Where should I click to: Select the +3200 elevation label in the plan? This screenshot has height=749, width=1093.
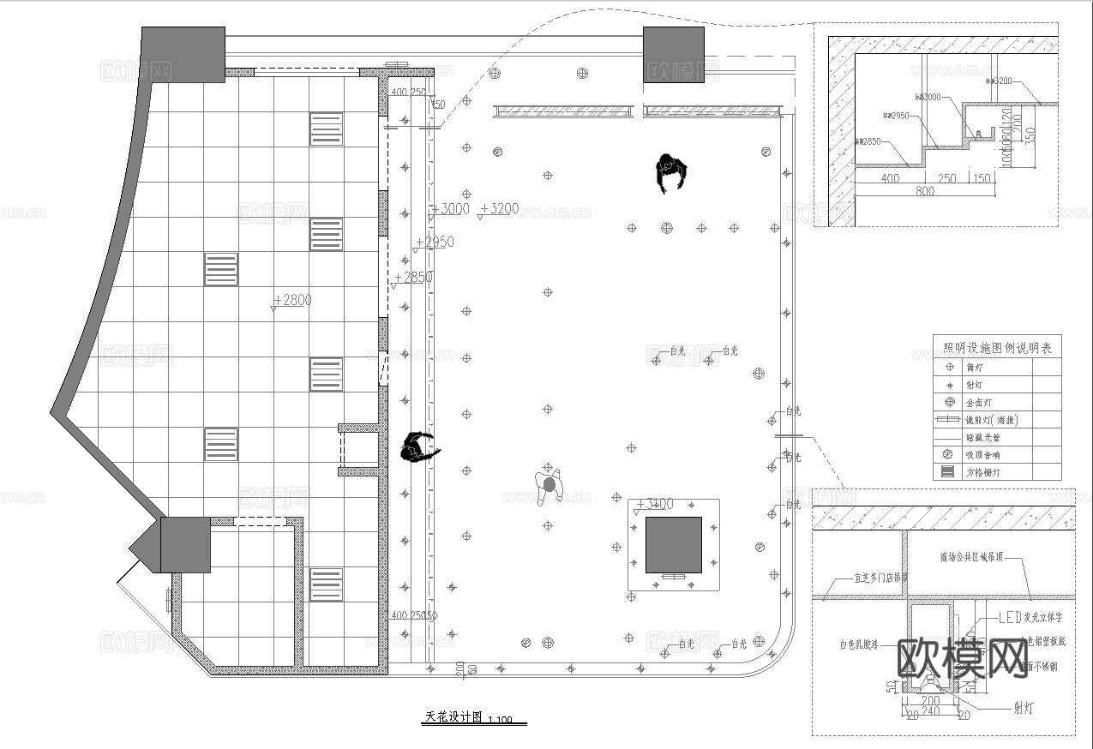[x=501, y=208]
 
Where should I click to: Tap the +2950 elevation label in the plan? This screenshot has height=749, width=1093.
[x=435, y=243]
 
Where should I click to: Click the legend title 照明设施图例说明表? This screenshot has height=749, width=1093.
[x=997, y=348]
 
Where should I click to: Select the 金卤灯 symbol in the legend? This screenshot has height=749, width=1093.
[x=948, y=402]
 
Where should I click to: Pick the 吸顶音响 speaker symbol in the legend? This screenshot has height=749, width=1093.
[x=948, y=454]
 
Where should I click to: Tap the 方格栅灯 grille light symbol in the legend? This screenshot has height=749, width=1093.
[x=948, y=472]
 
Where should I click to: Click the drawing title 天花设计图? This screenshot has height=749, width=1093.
[x=453, y=717]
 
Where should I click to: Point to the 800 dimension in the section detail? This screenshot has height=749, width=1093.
[x=925, y=192]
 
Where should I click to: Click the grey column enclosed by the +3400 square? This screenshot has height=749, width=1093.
[x=673, y=545]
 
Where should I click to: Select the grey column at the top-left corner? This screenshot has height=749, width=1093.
[x=183, y=54]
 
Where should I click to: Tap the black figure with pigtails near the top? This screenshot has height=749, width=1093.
[x=671, y=174]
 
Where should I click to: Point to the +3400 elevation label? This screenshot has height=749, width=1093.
[x=657, y=503]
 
